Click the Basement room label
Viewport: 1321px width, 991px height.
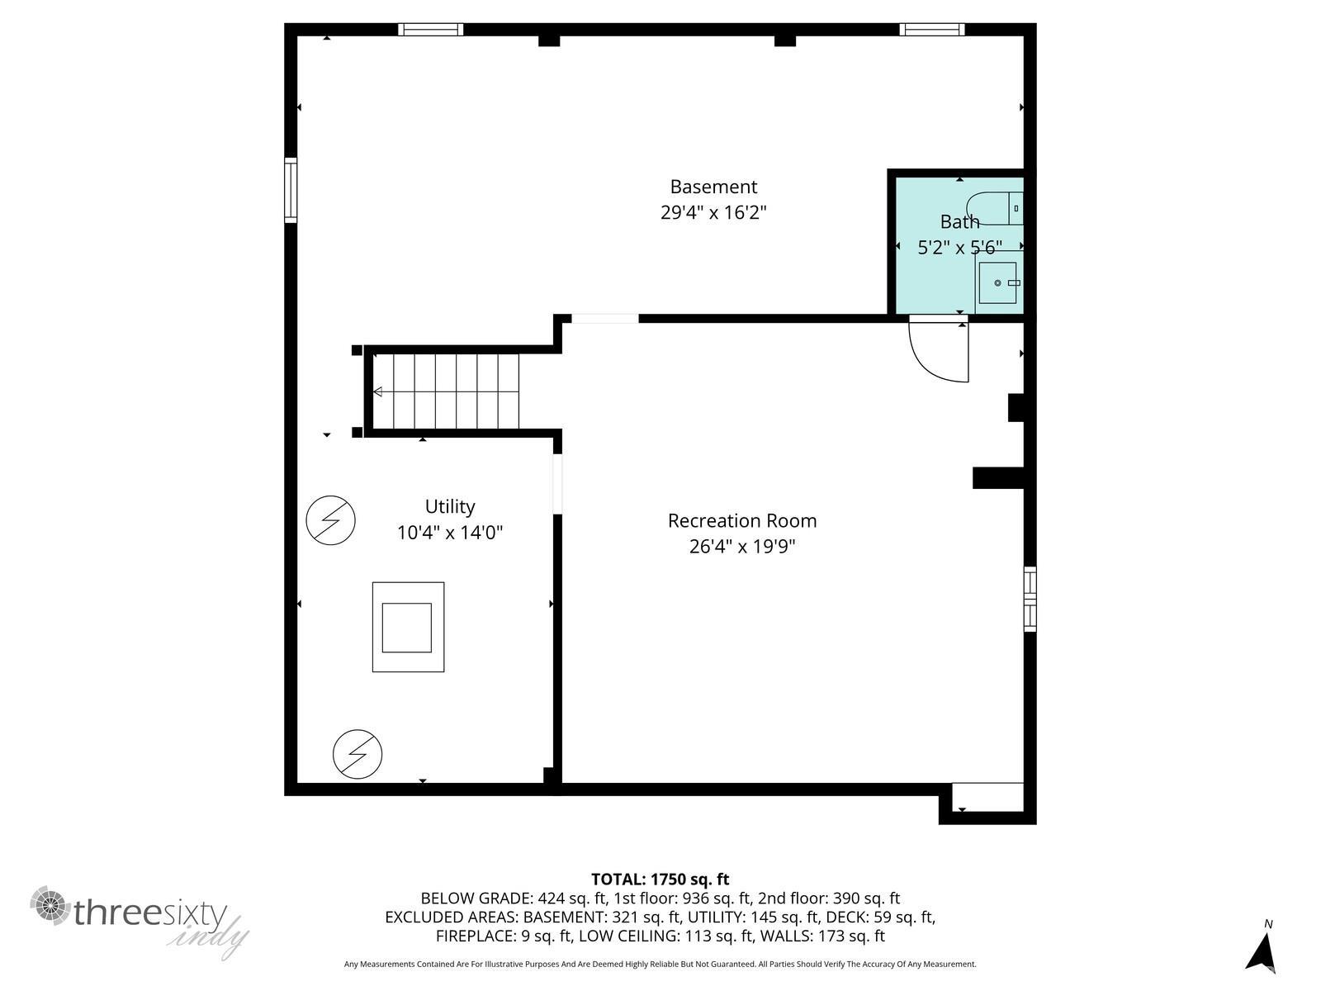713,187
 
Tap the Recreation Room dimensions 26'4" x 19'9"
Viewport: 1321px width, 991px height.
742,547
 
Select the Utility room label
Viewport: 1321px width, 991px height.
450,506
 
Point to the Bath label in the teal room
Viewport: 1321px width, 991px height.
959,222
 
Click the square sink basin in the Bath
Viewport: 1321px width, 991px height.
997,282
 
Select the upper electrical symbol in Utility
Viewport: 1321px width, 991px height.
330,520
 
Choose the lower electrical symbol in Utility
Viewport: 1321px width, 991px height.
357,754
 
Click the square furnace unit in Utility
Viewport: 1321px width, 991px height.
408,627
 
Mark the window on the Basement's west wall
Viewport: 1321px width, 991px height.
291,190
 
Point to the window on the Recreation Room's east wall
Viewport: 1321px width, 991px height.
1030,599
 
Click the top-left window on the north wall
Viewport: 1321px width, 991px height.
431,30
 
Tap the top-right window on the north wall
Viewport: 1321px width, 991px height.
932,30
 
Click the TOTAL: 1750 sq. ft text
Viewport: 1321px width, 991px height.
660,879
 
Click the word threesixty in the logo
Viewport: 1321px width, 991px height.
150,913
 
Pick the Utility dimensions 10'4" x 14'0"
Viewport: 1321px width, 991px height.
450,533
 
